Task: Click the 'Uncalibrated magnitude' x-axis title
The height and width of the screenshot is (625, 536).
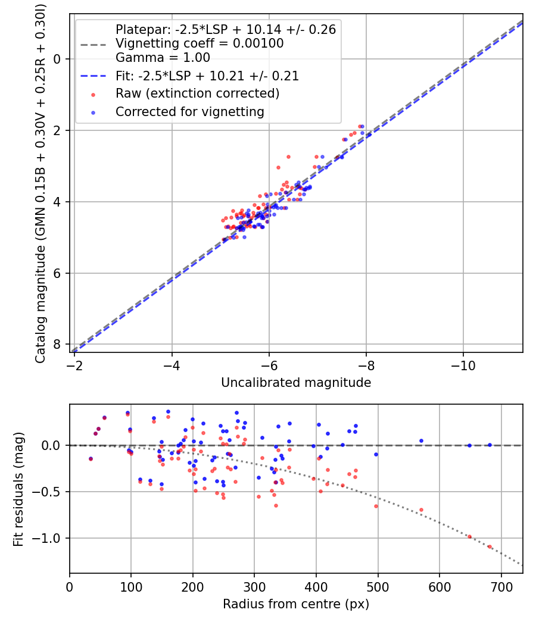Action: click(296, 383)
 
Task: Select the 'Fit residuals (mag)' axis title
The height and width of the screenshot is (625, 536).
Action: click(18, 489)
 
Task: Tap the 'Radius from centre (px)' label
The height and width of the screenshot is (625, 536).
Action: click(296, 604)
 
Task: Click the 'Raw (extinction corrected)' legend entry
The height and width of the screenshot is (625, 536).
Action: click(197, 93)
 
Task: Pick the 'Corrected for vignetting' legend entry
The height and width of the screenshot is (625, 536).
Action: click(189, 111)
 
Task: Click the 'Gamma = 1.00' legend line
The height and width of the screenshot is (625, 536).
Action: click(163, 58)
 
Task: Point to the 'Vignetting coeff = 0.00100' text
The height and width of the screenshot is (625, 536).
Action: click(200, 43)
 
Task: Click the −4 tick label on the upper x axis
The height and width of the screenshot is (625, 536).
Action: click(172, 365)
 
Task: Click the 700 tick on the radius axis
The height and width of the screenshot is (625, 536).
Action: click(501, 586)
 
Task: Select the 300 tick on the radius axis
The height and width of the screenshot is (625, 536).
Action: click(254, 586)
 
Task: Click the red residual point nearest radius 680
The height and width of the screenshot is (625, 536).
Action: click(490, 546)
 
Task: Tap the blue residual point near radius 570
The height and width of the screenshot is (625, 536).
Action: click(421, 441)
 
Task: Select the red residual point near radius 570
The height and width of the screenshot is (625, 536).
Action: click(421, 510)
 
